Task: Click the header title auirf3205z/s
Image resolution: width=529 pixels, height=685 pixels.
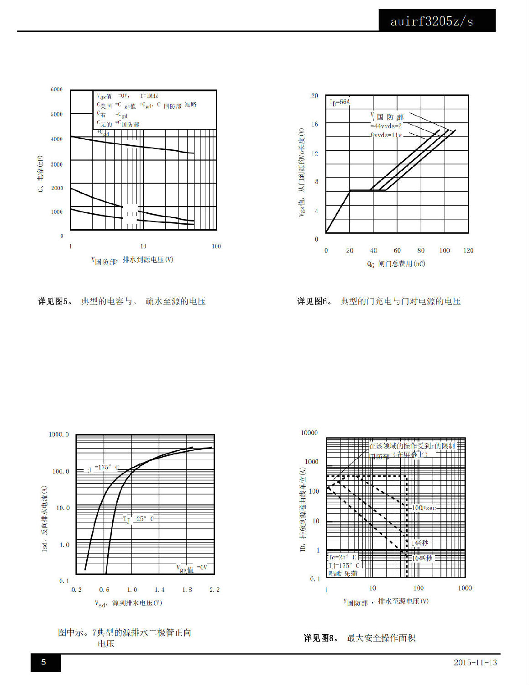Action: coord(431,21)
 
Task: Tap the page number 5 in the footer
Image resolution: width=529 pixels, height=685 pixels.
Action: coord(44,662)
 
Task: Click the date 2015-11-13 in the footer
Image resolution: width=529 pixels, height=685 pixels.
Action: coord(475,662)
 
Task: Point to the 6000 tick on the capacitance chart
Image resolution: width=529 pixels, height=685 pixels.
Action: coord(57,90)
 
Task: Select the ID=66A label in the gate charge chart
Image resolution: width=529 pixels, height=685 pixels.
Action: coord(340,102)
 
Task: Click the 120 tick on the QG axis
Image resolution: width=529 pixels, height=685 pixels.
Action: coord(468,251)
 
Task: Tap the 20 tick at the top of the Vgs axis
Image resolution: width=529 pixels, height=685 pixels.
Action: coord(314,96)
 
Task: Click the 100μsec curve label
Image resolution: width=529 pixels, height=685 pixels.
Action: coord(424,508)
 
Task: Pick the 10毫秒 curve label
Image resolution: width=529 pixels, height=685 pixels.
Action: coord(422,558)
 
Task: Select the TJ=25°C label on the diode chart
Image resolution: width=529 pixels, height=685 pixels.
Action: coord(138,519)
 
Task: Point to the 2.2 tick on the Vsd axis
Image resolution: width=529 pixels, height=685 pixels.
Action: coord(215,590)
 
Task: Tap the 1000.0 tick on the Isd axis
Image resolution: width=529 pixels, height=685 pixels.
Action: coord(59,434)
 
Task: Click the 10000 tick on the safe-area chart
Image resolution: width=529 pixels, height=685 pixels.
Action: coord(309,433)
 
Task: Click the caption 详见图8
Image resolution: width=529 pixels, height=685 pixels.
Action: coord(321,638)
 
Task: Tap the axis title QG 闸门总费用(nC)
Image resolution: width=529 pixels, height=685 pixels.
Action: coord(396,264)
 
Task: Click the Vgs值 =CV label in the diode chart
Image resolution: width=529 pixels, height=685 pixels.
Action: coord(192,568)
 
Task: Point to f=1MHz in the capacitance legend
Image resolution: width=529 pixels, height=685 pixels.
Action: coord(149,96)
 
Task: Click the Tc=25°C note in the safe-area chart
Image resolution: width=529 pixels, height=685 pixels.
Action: coord(342,557)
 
